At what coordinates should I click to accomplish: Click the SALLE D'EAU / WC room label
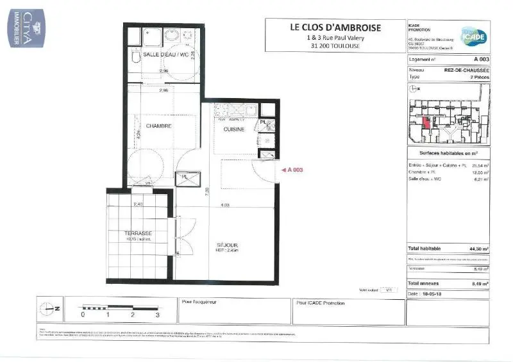click(165, 55)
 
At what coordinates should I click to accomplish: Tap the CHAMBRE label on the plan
click(158, 126)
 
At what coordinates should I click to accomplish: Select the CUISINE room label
click(234, 129)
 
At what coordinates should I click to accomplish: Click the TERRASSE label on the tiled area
click(139, 233)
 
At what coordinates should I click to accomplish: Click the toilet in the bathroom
click(135, 58)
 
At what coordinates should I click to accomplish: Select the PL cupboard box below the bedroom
click(184, 177)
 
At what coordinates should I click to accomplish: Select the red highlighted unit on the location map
click(426, 122)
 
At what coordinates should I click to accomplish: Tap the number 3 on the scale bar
click(157, 315)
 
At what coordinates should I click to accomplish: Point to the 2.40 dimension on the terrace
click(137, 204)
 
